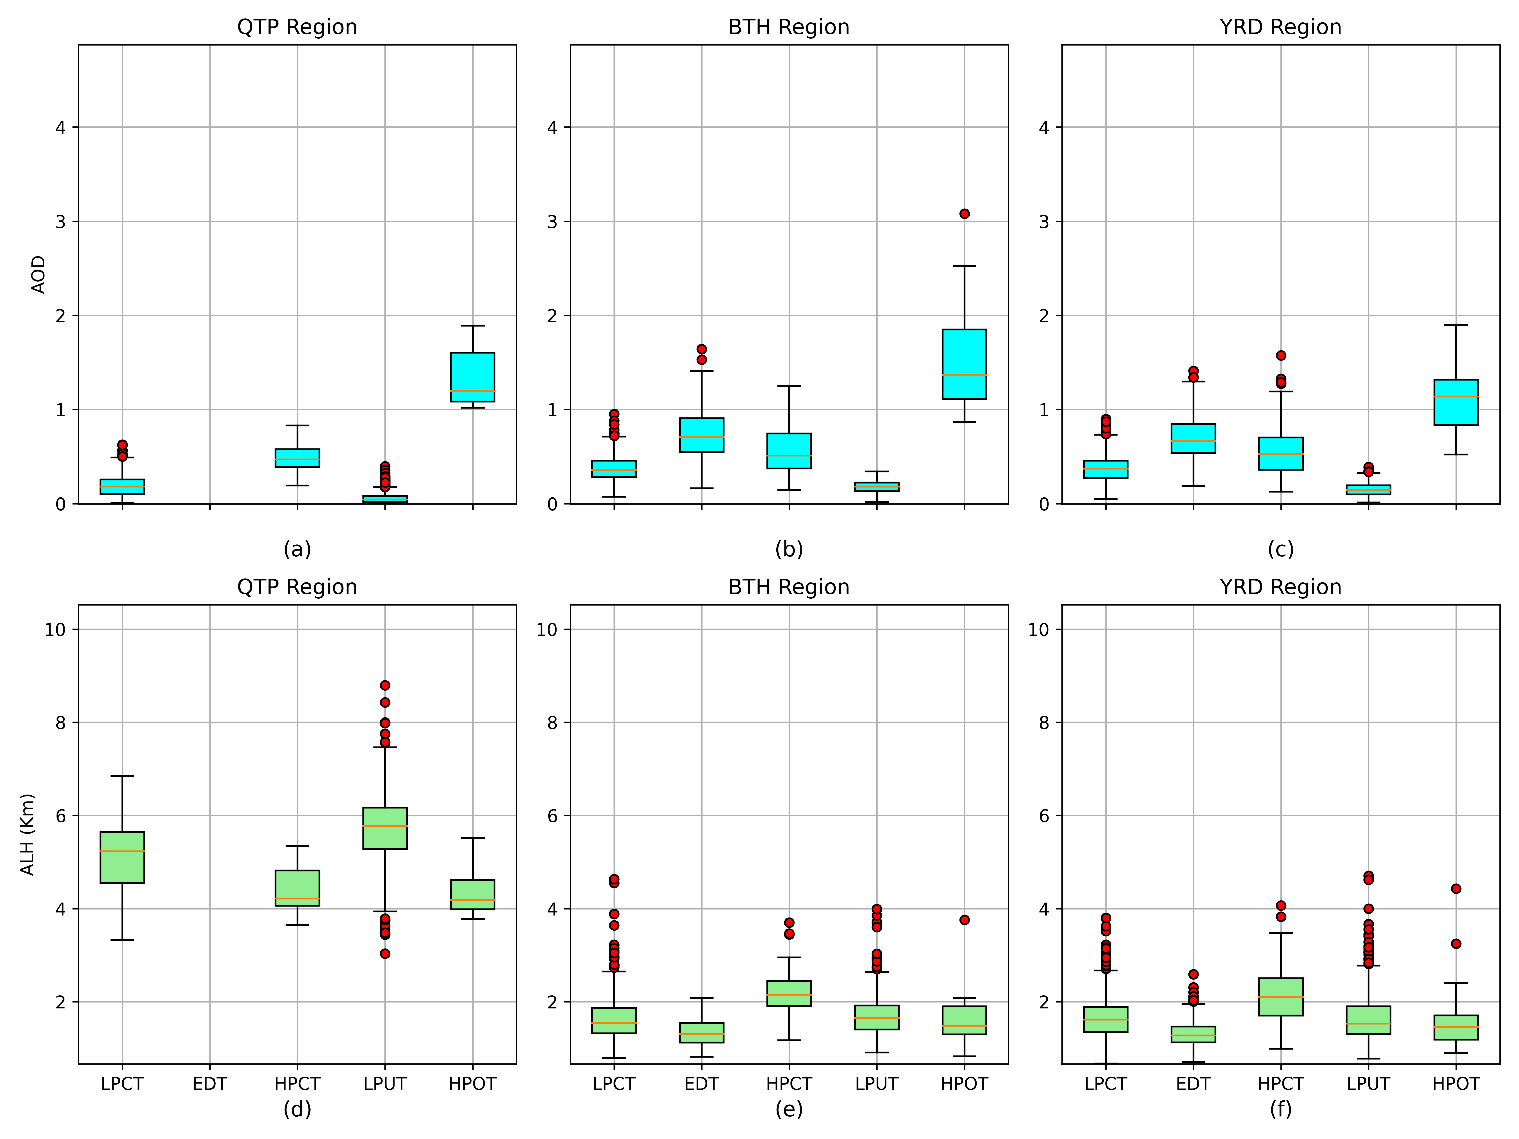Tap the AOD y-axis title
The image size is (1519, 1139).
coord(38,275)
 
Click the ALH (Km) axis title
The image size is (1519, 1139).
coord(27,834)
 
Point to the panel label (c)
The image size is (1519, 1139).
coord(1281,549)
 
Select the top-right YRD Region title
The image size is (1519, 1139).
coord(1281,27)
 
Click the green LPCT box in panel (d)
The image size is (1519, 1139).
coord(122,857)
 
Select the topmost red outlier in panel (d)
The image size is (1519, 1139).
coord(385,685)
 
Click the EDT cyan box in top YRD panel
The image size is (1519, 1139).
coord(1193,438)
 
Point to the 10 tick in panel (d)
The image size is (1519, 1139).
coord(59,630)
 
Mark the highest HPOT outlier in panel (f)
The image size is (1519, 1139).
coord(1456,888)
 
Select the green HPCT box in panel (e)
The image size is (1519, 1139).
coord(789,993)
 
